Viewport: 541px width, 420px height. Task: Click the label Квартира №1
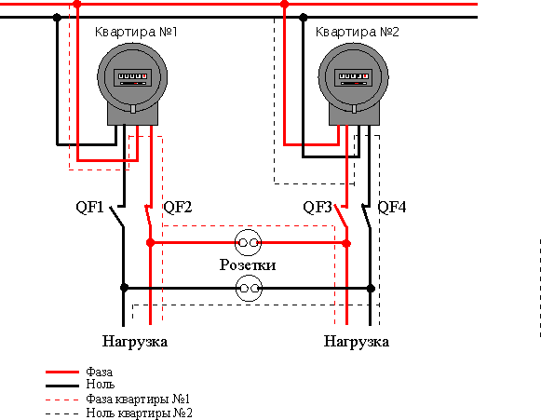coord(136,32)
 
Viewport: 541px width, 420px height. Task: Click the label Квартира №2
coord(358,32)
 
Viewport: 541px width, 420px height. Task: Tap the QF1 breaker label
coord(89,207)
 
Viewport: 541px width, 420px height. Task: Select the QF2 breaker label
coord(178,207)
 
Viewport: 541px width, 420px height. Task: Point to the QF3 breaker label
coord(318,207)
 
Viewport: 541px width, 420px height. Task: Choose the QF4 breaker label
coord(392,207)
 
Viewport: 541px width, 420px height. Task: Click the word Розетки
coord(248,265)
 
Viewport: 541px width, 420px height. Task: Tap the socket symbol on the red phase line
coord(248,243)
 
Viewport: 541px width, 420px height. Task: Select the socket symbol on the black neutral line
coord(249,288)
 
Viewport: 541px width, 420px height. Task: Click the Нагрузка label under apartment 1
coord(135,342)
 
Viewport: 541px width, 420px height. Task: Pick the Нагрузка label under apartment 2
coord(357,342)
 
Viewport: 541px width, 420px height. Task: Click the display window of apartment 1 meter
coord(132,77)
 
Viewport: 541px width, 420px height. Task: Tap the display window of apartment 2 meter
coord(354,77)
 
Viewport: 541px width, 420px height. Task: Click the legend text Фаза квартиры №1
coord(138,400)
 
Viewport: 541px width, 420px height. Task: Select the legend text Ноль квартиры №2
coord(140,413)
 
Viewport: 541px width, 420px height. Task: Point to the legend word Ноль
coord(101,384)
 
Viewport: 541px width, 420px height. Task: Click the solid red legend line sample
coord(62,372)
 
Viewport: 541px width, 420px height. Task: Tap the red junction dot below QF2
coord(151,243)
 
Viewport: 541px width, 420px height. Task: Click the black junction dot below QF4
coord(371,288)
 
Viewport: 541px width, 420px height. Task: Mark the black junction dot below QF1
coord(124,288)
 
